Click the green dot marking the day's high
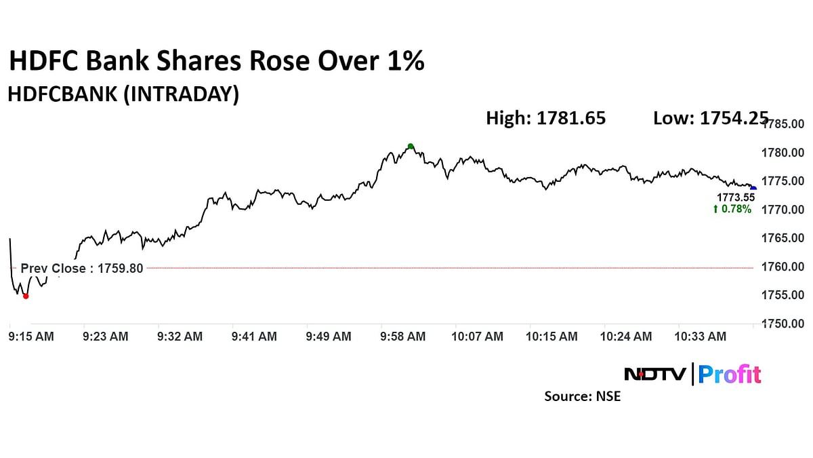411,146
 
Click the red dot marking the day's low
26,296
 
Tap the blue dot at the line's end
753,188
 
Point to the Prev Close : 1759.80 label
82,268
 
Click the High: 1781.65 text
545,119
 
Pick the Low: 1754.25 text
709,119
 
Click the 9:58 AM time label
403,337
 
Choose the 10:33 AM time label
703,337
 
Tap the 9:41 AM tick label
254,337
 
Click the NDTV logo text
654,375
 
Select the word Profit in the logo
729,375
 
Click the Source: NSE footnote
582,396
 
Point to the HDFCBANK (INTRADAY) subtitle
123,95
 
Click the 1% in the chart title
404,61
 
